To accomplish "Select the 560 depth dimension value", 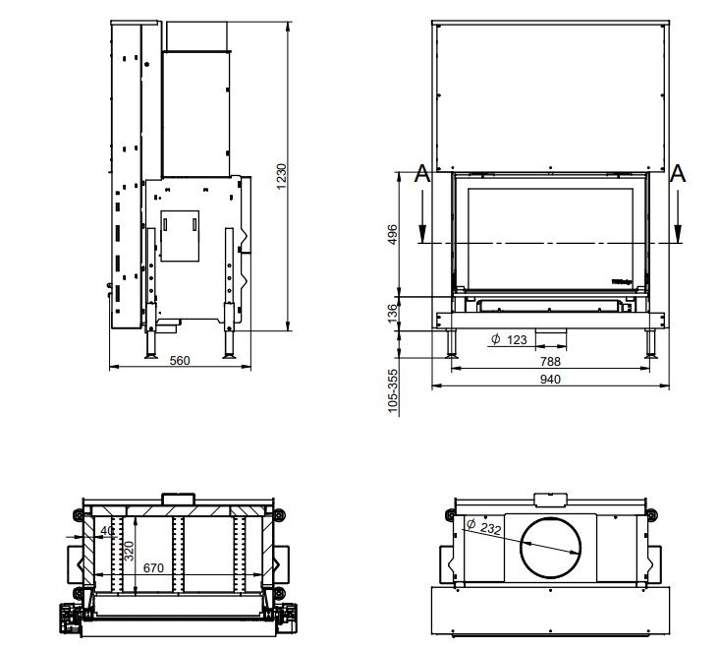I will pyautogui.click(x=180, y=360).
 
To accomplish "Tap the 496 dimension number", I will pyautogui.click(x=393, y=234).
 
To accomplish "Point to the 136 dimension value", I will pyautogui.click(x=393, y=315).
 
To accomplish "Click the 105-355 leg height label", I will pyautogui.click(x=393, y=390).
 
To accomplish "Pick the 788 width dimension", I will pyautogui.click(x=550, y=361).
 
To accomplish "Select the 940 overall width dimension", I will pyautogui.click(x=550, y=380).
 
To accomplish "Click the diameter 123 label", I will pyautogui.click(x=510, y=340).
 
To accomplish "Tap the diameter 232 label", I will pyautogui.click(x=484, y=527).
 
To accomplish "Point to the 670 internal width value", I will pyautogui.click(x=153, y=568).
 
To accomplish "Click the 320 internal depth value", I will pyautogui.click(x=128, y=551).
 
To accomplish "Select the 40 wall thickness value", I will pyautogui.click(x=107, y=531).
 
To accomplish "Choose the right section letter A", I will pyautogui.click(x=677, y=175).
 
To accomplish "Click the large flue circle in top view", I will pyautogui.click(x=557, y=548).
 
